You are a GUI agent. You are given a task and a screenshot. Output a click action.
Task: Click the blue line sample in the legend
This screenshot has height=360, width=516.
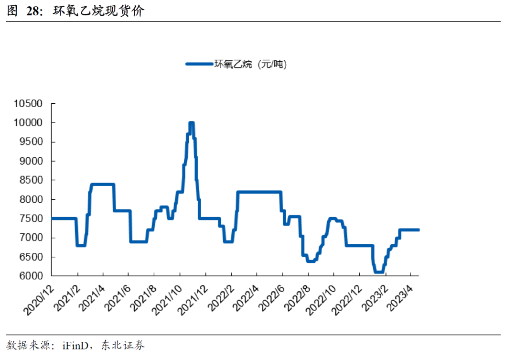(199, 64)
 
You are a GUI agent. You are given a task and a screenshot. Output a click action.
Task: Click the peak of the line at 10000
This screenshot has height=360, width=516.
(191, 123)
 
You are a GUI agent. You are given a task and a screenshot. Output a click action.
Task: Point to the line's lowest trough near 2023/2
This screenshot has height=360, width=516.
(378, 272)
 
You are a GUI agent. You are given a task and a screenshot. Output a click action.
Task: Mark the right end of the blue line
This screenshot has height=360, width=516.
(419, 230)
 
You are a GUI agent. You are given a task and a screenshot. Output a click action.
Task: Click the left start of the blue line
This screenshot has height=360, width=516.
(52, 218)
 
